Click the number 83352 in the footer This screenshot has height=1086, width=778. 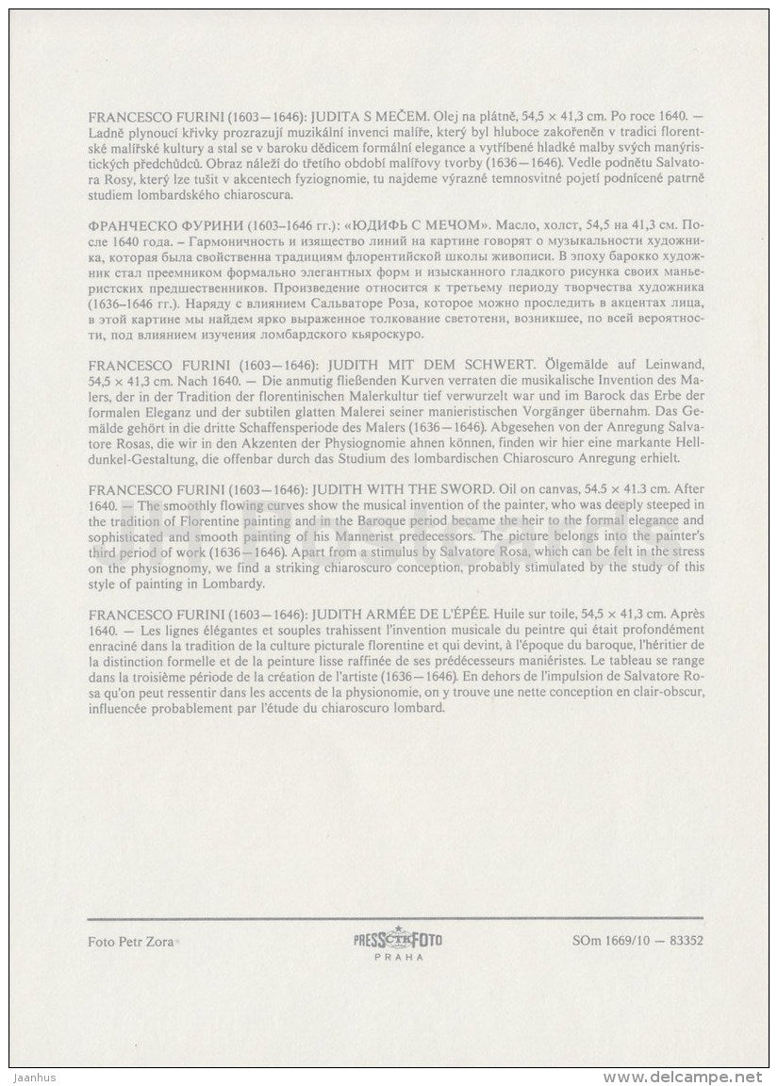(683, 940)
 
